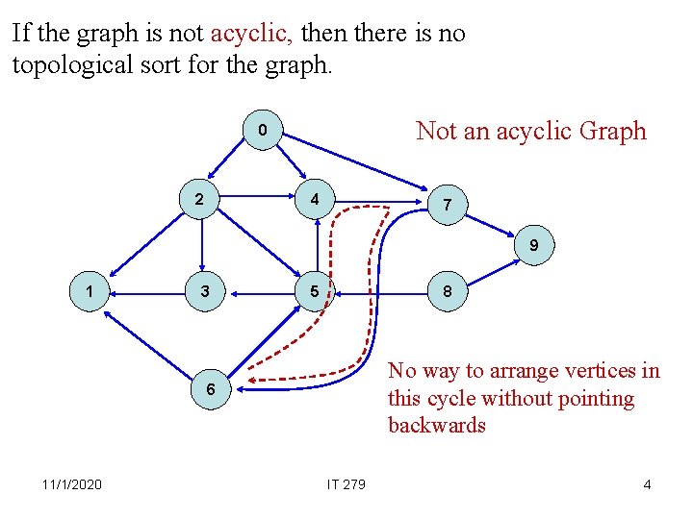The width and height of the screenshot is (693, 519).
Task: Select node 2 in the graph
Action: [198, 201]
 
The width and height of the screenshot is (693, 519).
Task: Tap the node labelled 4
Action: [314, 201]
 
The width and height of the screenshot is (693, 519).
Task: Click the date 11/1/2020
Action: [72, 484]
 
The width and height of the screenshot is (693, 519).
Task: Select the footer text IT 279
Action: [346, 484]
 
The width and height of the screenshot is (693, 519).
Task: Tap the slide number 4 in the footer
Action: [647, 484]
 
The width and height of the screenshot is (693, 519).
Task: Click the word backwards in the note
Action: [437, 426]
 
